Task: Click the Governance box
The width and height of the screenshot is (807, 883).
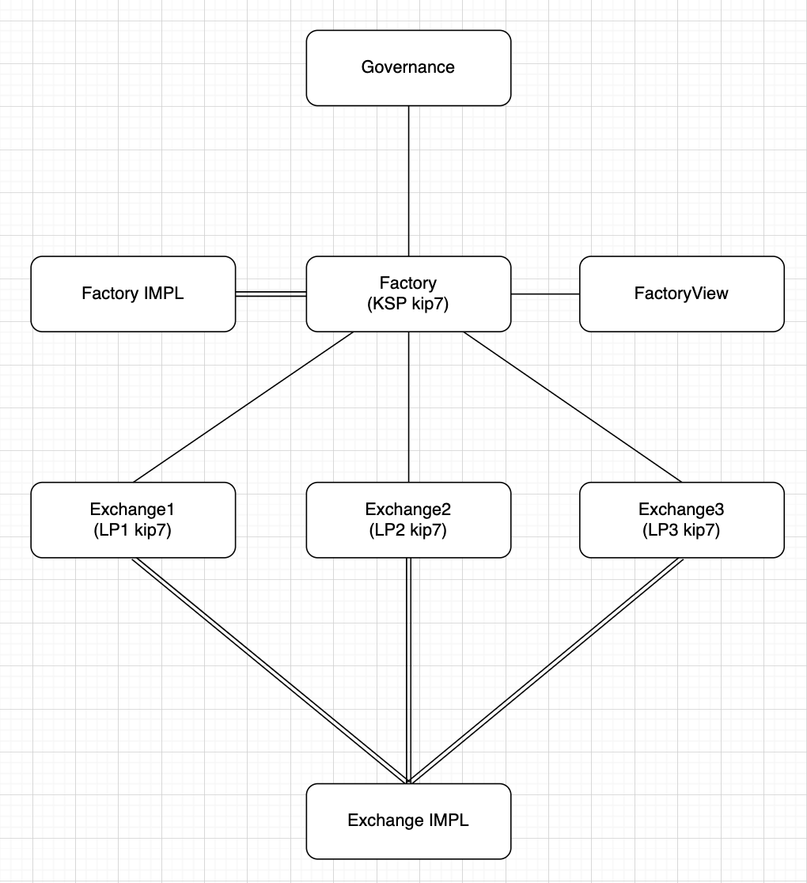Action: [408, 67]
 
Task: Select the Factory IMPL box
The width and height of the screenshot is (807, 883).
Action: [133, 294]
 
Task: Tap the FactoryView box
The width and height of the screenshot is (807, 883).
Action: [681, 294]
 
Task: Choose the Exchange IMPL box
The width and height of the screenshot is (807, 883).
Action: [408, 821]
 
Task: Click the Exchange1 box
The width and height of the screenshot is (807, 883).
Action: [133, 520]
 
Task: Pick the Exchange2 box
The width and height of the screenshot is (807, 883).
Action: [408, 520]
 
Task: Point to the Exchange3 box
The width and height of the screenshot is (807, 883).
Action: [681, 520]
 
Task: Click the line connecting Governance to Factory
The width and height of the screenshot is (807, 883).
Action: [408, 181]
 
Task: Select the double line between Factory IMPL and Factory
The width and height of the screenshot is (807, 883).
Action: [271, 294]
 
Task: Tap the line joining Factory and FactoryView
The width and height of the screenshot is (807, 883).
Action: [545, 294]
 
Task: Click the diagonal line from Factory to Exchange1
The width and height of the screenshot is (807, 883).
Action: [243, 407]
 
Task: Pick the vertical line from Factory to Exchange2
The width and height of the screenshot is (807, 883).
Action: [408, 407]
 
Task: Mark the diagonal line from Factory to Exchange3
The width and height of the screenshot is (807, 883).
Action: [572, 407]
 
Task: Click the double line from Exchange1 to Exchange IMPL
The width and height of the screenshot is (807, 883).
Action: [270, 671]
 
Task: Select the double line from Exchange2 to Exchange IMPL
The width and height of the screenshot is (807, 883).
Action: [408, 671]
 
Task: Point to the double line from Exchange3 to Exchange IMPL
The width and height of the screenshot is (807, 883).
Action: [546, 671]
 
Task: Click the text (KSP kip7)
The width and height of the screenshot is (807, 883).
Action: [407, 304]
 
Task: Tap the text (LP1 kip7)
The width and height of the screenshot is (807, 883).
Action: [132, 530]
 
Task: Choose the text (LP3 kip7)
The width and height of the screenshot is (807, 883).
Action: [681, 530]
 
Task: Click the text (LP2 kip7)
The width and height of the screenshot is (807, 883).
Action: [407, 530]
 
